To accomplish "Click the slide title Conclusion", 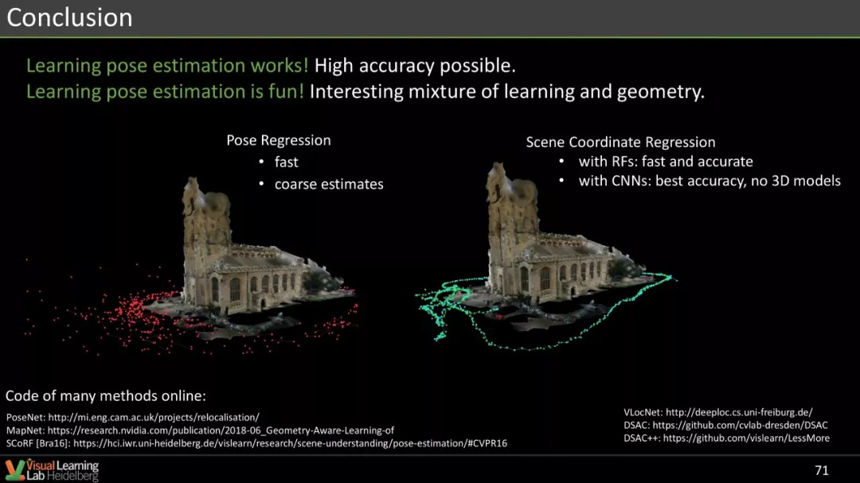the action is point(69,18).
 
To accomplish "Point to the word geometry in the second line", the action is point(660,92).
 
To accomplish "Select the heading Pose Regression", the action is point(279,140).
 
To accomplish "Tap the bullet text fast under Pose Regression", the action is point(287,162).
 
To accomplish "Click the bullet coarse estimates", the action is point(329,185).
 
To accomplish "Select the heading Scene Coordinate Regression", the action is point(620,142).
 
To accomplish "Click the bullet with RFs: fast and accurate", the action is point(665,162).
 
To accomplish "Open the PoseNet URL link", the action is point(154,417).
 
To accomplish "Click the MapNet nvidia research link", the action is point(221,430).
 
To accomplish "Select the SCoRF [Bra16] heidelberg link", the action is point(290,443).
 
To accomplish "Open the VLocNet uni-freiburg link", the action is point(739,412).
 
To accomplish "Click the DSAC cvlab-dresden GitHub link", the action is point(740,425).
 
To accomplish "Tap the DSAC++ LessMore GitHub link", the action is point(746,438).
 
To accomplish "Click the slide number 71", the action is point(822,470).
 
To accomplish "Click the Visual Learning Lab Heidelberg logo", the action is point(52,470).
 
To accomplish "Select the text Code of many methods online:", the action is point(106,395).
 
